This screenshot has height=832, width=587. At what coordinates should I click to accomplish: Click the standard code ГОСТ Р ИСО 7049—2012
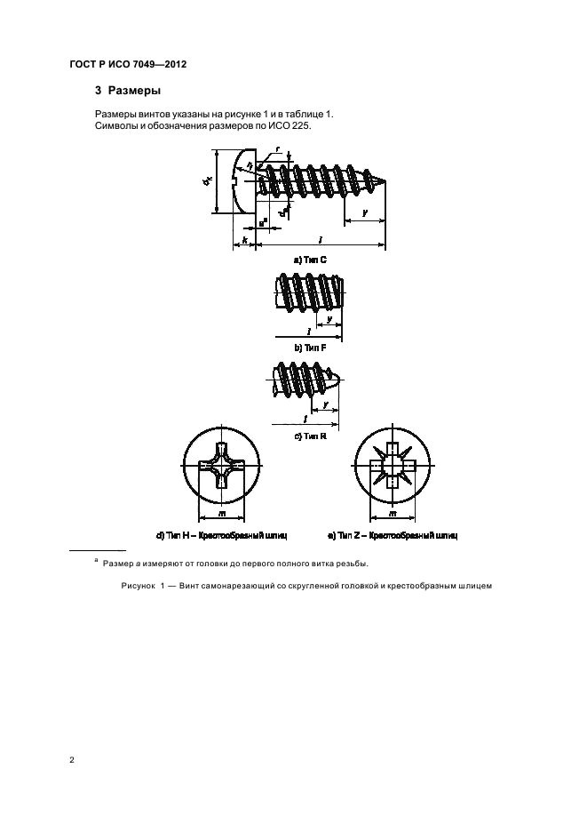pos(127,64)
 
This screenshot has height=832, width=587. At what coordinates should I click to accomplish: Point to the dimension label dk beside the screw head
pos(207,181)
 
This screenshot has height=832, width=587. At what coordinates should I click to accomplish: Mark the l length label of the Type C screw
pos(320,239)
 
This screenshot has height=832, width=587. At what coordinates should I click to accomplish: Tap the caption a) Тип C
pos(311,260)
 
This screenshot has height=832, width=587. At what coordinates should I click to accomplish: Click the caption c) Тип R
pos(311,436)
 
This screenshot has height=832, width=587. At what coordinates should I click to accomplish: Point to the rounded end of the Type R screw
pos(336,385)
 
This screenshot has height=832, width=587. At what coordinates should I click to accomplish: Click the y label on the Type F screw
pos(329,317)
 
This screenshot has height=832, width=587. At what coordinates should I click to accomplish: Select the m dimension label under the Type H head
pos(219,516)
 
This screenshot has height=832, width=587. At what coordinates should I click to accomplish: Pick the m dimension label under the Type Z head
pos(392,516)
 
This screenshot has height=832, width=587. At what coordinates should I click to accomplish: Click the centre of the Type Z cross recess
pos(392,467)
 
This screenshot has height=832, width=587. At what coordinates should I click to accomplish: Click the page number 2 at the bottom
pos(72,761)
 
